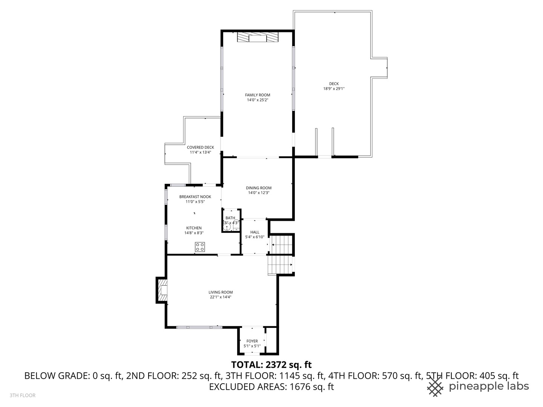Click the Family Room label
click(258, 95)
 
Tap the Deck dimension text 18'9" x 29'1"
click(334, 89)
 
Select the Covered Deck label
click(200, 147)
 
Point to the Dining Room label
click(259, 188)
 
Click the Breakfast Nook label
click(195, 197)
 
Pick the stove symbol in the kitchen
click(200, 247)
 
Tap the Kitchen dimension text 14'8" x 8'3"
click(193, 233)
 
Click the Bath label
click(230, 218)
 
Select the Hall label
click(255, 232)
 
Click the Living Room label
click(221, 292)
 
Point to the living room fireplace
click(162, 290)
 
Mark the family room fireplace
click(258, 38)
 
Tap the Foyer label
click(252, 341)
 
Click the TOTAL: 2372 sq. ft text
click(271, 364)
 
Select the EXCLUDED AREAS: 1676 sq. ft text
click(271, 387)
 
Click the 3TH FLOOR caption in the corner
click(23, 395)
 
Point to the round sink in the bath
click(227, 227)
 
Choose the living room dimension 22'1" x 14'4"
click(221, 297)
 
